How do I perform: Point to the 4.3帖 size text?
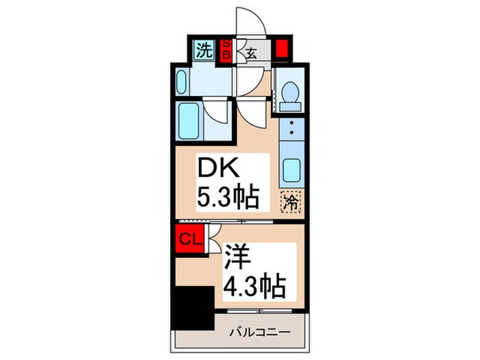click(253, 285)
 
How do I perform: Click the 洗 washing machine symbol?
click(204, 49)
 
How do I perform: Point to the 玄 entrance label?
click(251, 53)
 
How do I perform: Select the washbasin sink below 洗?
click(182, 84)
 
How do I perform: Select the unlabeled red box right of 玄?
click(280, 50)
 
